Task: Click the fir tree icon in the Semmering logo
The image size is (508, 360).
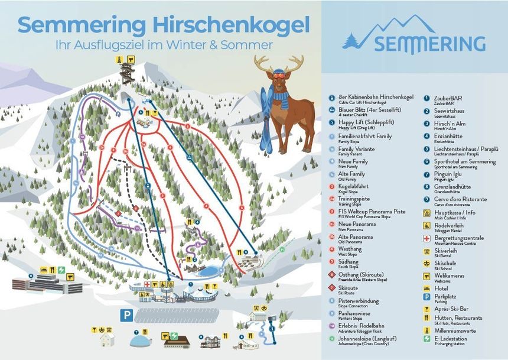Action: pos(353,41)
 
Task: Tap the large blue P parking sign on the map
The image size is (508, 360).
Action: pos(125,316)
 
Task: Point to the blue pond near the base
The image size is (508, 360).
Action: pos(206,271)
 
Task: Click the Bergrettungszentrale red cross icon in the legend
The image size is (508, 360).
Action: pos(427,238)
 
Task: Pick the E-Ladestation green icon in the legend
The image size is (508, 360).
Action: pos(427,339)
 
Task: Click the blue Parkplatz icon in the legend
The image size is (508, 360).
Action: pos(427,297)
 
